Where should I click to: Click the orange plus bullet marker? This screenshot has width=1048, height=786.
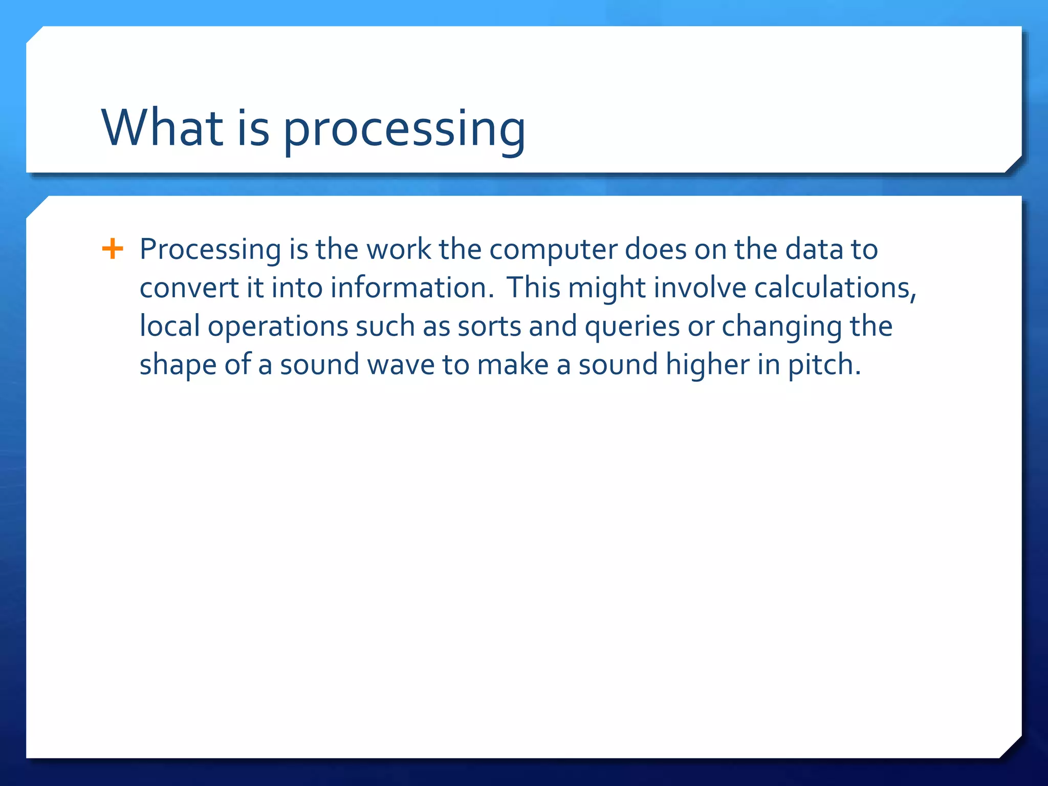pyautogui.click(x=113, y=250)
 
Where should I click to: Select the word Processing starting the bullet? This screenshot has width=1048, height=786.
pyautogui.click(x=210, y=251)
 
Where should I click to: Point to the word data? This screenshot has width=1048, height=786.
pyautogui.click(x=814, y=250)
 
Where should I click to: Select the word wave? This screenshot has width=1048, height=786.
pyautogui.click(x=401, y=365)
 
